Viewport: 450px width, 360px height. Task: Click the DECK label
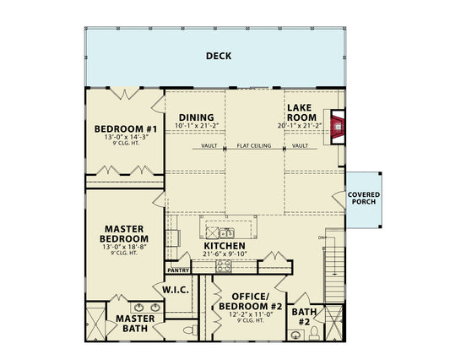click(x=219, y=57)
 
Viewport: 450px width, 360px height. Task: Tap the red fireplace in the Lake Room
click(x=338, y=128)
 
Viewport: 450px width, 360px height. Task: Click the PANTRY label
click(x=177, y=270)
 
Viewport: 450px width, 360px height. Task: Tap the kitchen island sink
click(x=225, y=232)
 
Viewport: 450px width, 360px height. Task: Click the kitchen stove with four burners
click(x=225, y=265)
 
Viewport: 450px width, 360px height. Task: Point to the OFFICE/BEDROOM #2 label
click(x=250, y=303)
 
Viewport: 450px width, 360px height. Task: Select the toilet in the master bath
click(x=190, y=329)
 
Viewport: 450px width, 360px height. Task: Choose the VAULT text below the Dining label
click(x=209, y=146)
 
